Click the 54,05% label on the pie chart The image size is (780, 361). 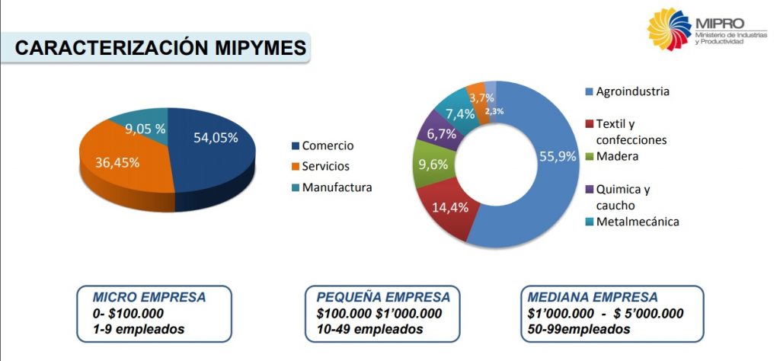[x=216, y=138]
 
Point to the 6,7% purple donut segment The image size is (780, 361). [x=442, y=134]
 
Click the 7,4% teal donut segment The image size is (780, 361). [x=460, y=114]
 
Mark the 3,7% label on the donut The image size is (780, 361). [x=481, y=97]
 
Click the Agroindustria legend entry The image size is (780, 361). [x=632, y=91]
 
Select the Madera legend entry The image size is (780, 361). [x=617, y=157]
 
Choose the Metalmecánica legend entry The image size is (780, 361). [x=637, y=222]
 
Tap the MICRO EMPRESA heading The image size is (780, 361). [x=149, y=297]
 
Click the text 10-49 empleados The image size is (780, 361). [x=369, y=329]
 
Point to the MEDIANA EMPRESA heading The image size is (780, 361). [x=593, y=297]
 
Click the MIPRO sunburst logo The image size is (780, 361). [x=668, y=30]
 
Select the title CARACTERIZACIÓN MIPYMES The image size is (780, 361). [x=161, y=48]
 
